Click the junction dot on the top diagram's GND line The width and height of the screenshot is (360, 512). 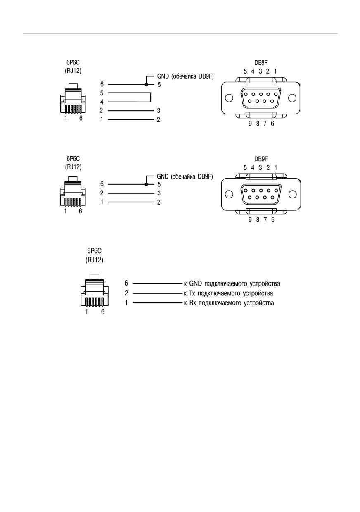(x=147, y=85)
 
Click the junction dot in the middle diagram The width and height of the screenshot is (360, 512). (x=146, y=184)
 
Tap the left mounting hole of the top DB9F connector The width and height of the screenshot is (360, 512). (x=229, y=98)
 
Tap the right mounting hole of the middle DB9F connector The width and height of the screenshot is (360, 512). (x=292, y=194)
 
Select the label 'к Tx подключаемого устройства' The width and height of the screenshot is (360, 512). (x=228, y=293)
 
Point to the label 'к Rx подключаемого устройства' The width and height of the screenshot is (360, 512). (x=229, y=303)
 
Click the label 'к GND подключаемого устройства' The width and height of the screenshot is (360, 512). (x=232, y=283)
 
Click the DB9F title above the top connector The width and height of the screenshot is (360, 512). (x=261, y=63)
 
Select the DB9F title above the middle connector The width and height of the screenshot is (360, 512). (x=261, y=159)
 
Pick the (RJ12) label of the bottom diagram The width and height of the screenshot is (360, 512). (x=95, y=260)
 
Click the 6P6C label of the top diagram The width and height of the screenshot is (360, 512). (x=73, y=62)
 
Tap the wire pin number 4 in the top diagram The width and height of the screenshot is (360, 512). (x=102, y=102)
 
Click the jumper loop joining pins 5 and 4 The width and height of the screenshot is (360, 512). (x=151, y=98)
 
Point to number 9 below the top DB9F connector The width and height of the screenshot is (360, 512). (x=250, y=124)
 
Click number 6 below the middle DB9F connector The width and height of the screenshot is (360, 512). (x=272, y=220)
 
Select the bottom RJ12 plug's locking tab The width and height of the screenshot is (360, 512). (x=95, y=276)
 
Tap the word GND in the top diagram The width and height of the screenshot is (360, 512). (x=163, y=76)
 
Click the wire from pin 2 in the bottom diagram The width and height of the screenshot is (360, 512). (x=157, y=293)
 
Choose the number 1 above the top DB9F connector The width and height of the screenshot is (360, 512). (x=275, y=71)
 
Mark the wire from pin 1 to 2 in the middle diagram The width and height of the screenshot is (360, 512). (x=131, y=202)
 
